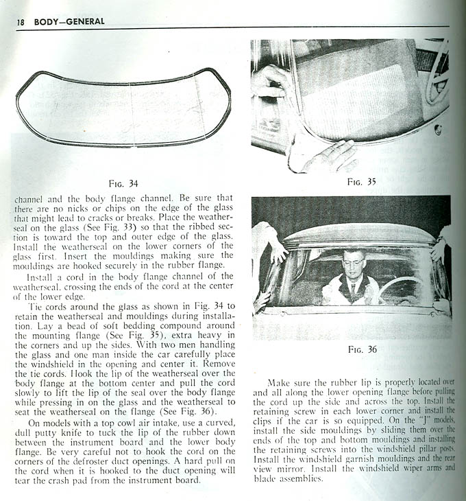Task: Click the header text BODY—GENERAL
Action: [x=66, y=21]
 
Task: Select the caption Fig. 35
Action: [x=361, y=183]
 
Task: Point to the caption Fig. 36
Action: [x=363, y=349]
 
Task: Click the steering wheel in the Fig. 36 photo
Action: [x=400, y=288]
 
